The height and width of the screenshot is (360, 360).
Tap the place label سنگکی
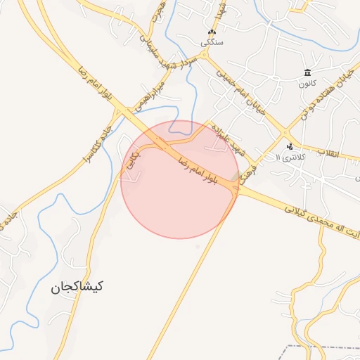213,42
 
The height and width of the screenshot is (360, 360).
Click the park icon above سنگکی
212,32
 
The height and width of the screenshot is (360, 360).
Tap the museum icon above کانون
307,72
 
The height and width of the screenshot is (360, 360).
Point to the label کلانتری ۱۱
288,157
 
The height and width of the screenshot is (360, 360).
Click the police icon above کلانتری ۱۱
290,147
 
